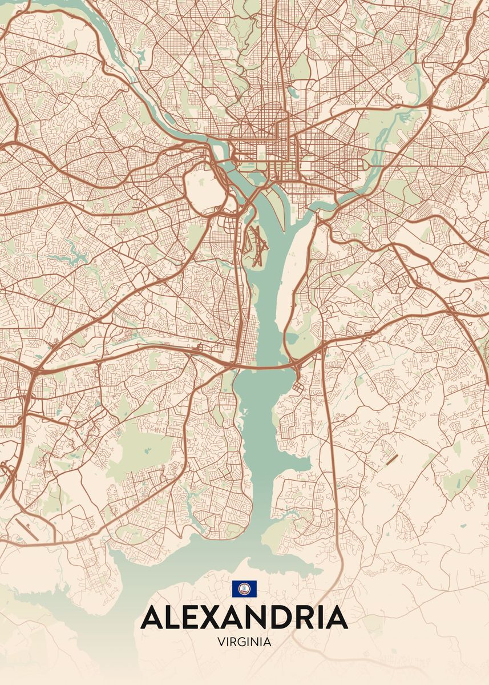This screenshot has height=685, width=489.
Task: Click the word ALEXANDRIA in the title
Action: coord(244,618)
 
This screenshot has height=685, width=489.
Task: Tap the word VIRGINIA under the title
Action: coord(244,642)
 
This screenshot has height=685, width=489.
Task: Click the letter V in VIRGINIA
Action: coord(221,642)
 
